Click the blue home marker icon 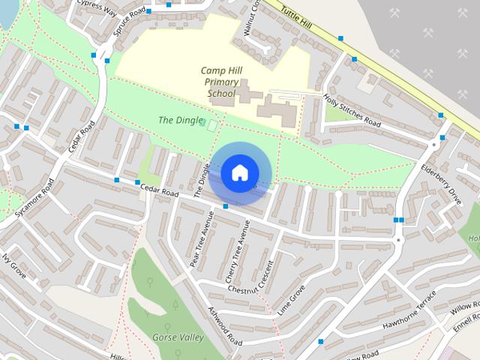[239, 172]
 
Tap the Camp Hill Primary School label [220, 82]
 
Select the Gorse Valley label [178, 337]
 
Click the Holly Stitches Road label [352, 111]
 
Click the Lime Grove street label [292, 300]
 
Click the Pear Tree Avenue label [202, 238]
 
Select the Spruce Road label [128, 23]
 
